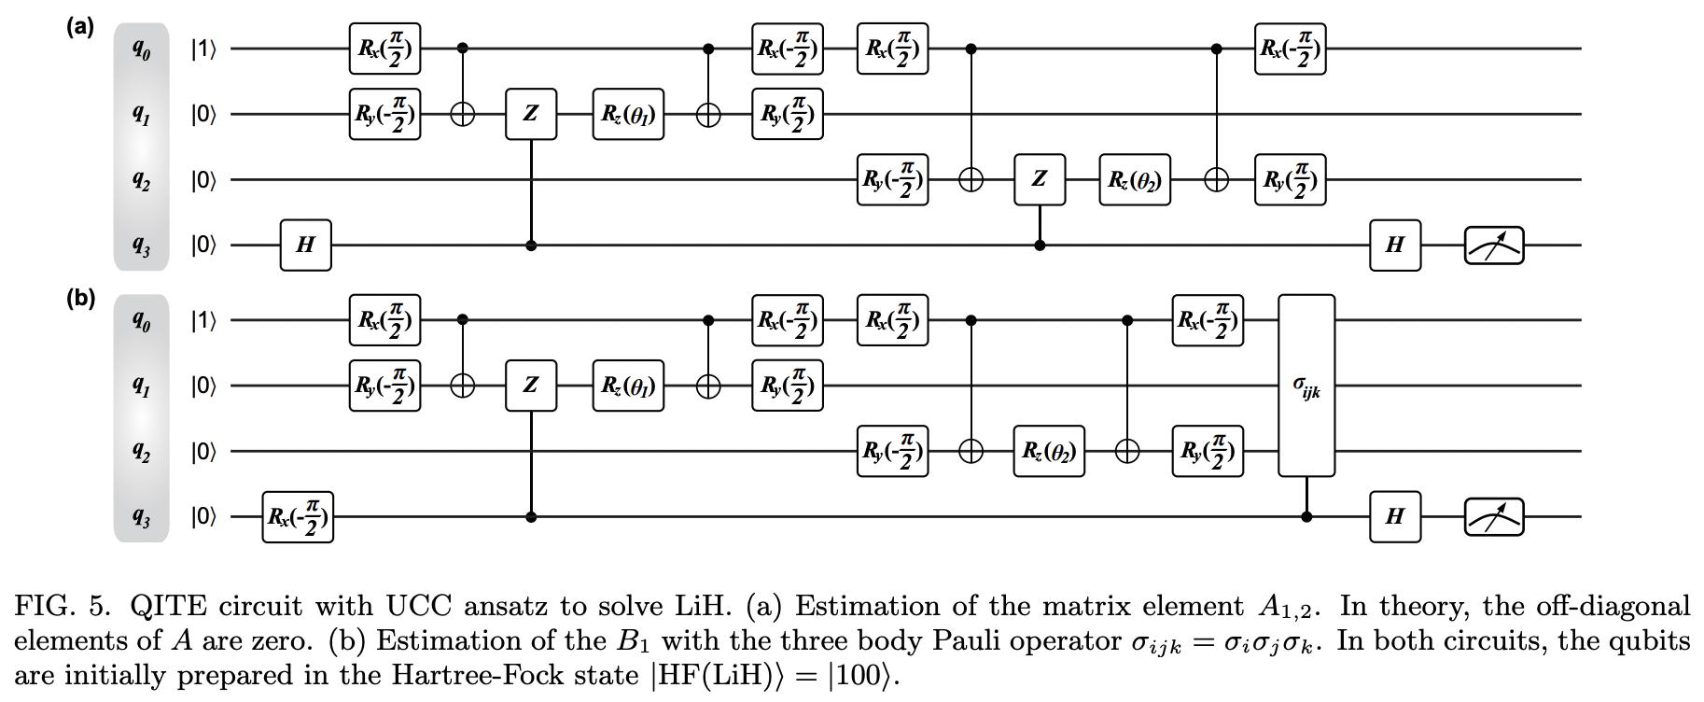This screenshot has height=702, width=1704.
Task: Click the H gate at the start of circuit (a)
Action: (306, 245)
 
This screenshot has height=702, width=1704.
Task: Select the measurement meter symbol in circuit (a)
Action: (1493, 246)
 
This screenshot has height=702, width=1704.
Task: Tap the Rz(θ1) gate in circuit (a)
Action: (628, 114)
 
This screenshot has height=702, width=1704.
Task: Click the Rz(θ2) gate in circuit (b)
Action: (1049, 452)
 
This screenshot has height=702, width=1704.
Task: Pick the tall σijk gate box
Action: (1306, 386)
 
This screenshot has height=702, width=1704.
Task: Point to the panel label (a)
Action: (80, 27)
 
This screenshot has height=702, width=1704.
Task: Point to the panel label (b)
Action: (80, 300)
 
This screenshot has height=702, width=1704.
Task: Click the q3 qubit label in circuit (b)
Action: (141, 518)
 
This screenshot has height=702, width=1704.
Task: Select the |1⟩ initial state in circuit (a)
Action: (203, 49)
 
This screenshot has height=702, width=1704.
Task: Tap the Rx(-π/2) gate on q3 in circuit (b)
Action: (298, 516)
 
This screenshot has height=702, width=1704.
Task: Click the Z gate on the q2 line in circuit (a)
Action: (1040, 179)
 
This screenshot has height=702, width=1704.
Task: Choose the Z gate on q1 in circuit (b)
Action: (531, 386)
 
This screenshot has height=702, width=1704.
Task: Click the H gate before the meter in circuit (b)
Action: (1395, 516)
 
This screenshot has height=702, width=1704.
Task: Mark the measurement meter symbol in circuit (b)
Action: (1493, 516)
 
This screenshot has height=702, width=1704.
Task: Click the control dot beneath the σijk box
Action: (1306, 516)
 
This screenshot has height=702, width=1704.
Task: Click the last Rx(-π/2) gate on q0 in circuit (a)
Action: (1290, 49)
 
